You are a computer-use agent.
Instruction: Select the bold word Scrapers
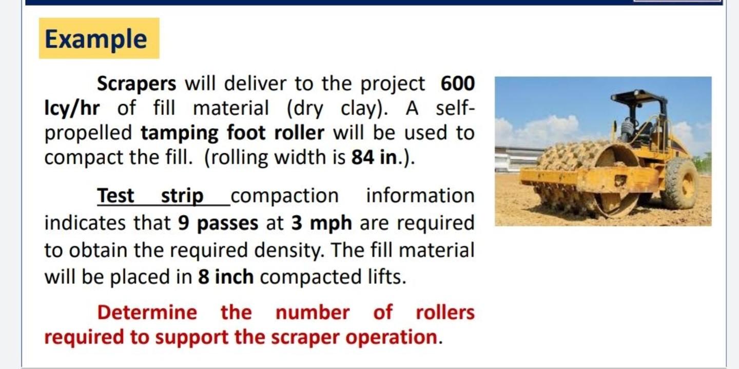pyautogui.click(x=137, y=83)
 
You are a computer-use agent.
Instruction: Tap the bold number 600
pyautogui.click(x=457, y=83)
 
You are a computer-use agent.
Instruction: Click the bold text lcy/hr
pyautogui.click(x=72, y=108)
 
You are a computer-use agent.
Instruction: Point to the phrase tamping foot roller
pyautogui.click(x=232, y=133)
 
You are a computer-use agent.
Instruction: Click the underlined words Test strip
pyautogui.click(x=150, y=196)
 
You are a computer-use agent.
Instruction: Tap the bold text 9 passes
pyautogui.click(x=218, y=223)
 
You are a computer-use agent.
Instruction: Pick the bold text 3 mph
pyautogui.click(x=322, y=223)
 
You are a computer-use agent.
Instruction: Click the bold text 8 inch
pyautogui.click(x=226, y=277)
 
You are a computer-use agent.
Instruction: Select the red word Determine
pyautogui.click(x=147, y=312)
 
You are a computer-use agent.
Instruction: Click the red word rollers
pyautogui.click(x=445, y=312)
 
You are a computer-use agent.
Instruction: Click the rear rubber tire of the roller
pyautogui.click(x=679, y=183)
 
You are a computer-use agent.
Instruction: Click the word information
pyautogui.click(x=420, y=196)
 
